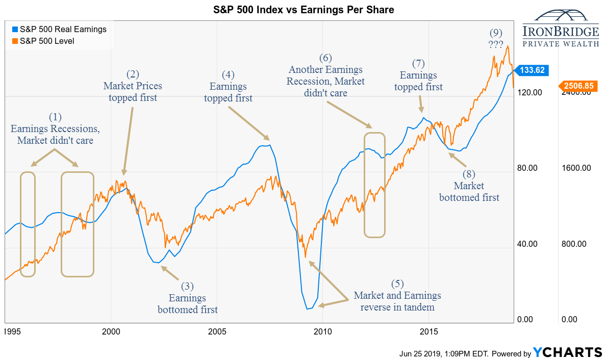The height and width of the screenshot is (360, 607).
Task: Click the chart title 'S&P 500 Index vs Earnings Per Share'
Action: point(303,10)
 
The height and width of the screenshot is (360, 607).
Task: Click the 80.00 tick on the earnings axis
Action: point(527,168)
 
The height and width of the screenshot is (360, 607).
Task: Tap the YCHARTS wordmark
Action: point(567,352)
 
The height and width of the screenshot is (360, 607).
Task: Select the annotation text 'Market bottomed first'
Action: point(469,191)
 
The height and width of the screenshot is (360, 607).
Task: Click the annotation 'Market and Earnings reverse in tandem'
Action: point(397,301)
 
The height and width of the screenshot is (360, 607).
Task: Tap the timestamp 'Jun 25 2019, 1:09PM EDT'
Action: point(445,353)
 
